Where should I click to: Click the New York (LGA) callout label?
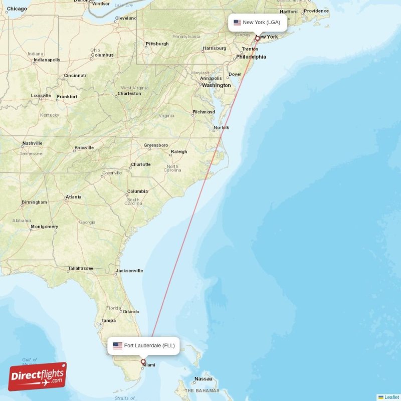(258, 23)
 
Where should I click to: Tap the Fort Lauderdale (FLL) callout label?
(143, 345)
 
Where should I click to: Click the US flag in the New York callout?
(237, 23)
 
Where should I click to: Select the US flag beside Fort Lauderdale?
(118, 345)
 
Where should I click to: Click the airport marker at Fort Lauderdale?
(143, 361)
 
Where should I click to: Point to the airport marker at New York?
(257, 38)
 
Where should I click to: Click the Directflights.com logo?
(38, 376)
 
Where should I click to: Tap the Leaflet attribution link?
(391, 397)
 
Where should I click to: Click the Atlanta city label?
(73, 197)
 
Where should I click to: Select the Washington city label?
(216, 85)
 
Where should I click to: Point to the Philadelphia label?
(251, 57)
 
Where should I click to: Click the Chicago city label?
(17, 9)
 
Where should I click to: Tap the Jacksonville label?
(129, 271)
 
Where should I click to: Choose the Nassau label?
(204, 379)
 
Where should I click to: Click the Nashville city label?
(32, 143)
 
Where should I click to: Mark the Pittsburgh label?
(157, 44)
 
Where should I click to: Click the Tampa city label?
(108, 320)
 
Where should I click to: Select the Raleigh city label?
(179, 151)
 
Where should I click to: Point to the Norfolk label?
(222, 127)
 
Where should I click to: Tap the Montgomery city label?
(44, 227)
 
